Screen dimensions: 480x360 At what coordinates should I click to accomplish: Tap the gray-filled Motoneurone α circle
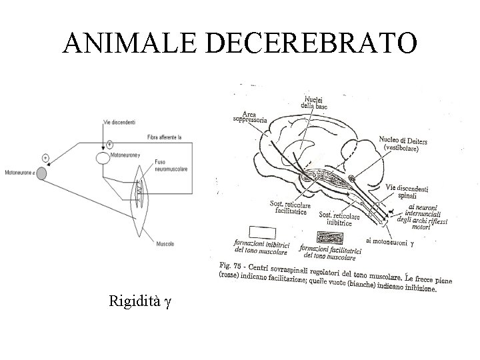[41, 173]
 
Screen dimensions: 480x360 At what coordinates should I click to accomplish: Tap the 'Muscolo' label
[166, 244]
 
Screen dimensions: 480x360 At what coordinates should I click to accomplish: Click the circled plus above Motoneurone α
[45, 157]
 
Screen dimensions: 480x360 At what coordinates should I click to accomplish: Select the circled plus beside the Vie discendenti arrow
[109, 143]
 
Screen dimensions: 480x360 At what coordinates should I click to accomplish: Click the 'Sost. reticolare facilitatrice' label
[287, 209]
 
